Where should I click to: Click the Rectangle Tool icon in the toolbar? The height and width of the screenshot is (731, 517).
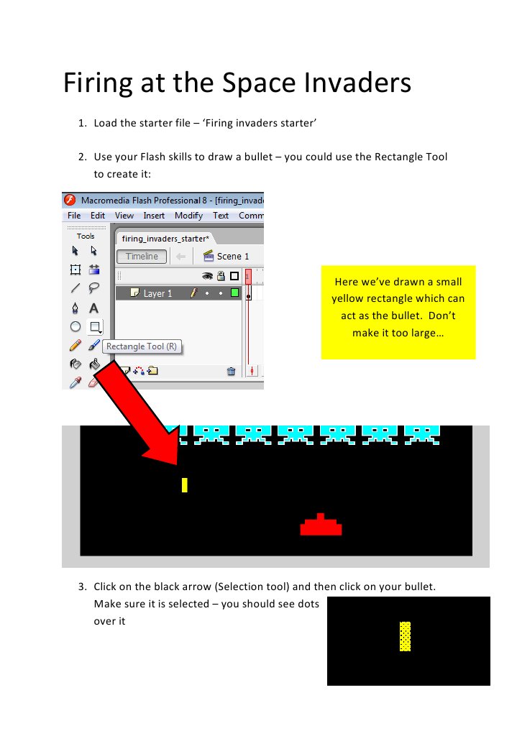pyautogui.click(x=93, y=327)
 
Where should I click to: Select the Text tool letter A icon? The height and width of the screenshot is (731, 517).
pyautogui.click(x=93, y=308)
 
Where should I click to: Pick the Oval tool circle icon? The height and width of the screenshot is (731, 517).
pyautogui.click(x=75, y=327)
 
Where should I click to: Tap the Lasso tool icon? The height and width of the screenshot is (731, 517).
pyautogui.click(x=93, y=288)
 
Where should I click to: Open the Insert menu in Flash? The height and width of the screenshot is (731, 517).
pyautogui.click(x=154, y=215)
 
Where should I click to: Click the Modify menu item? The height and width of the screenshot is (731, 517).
pyautogui.click(x=188, y=215)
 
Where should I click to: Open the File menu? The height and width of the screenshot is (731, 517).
pyautogui.click(x=74, y=215)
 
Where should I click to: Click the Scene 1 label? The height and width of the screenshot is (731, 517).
pyautogui.click(x=232, y=256)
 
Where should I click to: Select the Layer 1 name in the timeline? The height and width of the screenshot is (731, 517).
pyautogui.click(x=157, y=293)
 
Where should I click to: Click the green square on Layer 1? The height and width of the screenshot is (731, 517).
pyautogui.click(x=234, y=293)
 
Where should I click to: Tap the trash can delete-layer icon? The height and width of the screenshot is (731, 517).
pyautogui.click(x=231, y=371)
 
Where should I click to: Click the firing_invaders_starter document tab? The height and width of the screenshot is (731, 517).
pyautogui.click(x=165, y=238)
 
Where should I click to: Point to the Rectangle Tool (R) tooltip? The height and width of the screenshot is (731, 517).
pyautogui.click(x=141, y=346)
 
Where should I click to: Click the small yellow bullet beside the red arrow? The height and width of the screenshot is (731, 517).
pyautogui.click(x=185, y=485)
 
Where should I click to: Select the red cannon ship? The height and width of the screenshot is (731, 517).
pyautogui.click(x=321, y=526)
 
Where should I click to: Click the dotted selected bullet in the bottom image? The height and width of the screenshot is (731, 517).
pyautogui.click(x=405, y=636)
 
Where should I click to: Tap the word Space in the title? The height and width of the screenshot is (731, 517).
pyautogui.click(x=260, y=83)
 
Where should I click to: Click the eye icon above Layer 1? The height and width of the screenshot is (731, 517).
pyautogui.click(x=207, y=275)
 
